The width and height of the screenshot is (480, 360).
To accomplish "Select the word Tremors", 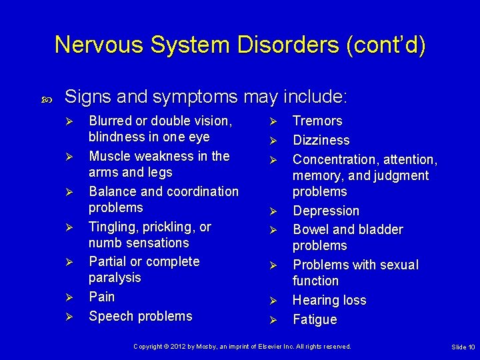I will click(317, 121).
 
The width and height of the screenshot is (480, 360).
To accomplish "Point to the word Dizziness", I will click(321, 141).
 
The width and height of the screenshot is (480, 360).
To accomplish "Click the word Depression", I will click(326, 211).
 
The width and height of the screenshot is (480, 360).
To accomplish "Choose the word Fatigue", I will click(315, 320).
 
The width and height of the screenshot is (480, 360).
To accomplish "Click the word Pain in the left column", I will click(102, 297).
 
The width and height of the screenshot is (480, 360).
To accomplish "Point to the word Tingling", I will click(114, 227).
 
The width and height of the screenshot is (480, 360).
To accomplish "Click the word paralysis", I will click(115, 278).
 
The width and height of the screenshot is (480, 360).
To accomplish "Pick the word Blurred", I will click(111, 121).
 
